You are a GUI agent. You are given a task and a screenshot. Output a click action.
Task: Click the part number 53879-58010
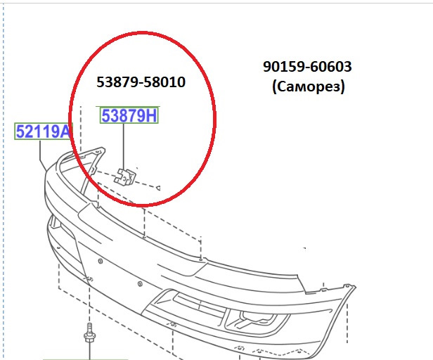tap(141, 82)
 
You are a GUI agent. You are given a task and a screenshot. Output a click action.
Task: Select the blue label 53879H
tap(129, 115)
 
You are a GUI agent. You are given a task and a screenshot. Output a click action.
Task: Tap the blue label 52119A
tap(44, 131)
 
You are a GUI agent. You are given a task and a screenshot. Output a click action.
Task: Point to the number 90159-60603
tap(307, 67)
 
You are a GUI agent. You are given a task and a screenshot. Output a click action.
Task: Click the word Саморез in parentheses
tap(309, 86)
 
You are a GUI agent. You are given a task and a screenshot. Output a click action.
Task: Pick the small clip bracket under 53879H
tap(125, 176)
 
